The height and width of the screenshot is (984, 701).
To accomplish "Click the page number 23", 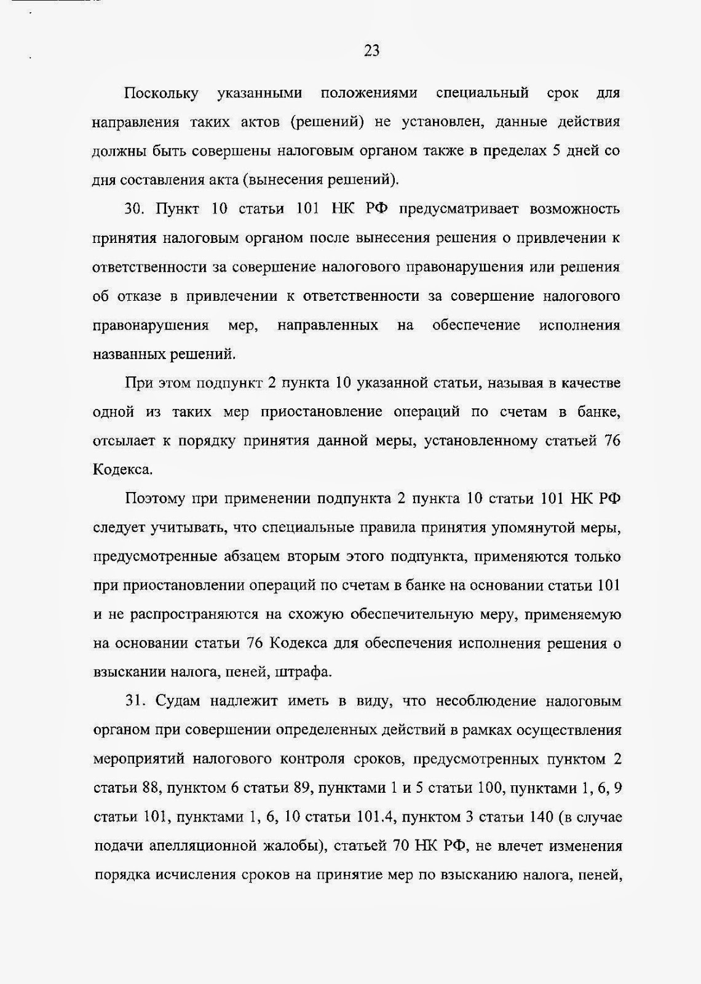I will point(371,50).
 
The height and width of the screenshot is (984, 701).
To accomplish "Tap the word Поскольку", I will point(161,93).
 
